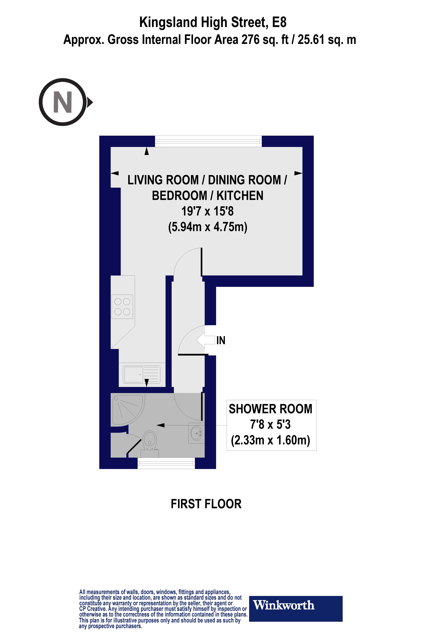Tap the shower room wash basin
(196, 433)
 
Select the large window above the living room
(208, 141)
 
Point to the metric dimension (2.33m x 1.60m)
(270, 440)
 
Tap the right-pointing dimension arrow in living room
(298, 173)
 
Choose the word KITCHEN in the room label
(240, 196)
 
